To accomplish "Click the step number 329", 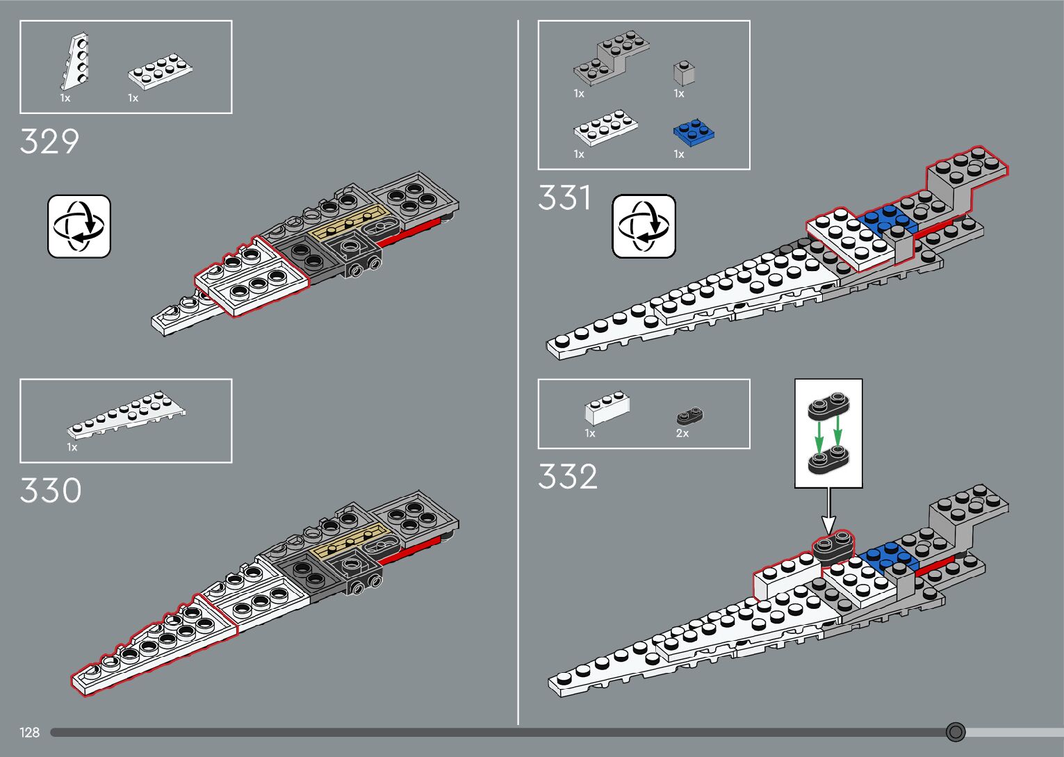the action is (49, 142).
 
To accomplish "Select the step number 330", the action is (50, 491).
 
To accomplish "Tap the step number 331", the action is (564, 198).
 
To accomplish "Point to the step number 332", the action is (567, 478).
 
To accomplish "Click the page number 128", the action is (30, 733).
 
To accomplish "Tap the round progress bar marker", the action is (956, 732).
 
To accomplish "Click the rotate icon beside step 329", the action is (79, 227).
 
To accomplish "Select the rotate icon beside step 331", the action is (644, 227).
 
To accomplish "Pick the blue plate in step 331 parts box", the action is (694, 133).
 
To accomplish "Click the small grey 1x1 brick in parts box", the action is (684, 73).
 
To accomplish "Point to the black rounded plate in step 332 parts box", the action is (690, 416).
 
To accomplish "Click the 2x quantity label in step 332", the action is (682, 433).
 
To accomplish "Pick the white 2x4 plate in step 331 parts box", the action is (606, 128).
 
